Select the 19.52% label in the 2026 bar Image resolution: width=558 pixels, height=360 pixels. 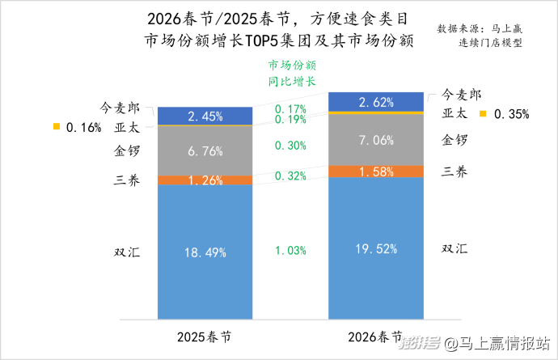(376, 249)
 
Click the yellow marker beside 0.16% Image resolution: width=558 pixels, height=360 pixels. (56, 126)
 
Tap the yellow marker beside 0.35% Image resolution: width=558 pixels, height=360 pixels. (483, 113)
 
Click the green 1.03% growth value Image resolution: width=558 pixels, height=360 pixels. (290, 251)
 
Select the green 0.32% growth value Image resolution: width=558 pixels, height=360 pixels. (290, 176)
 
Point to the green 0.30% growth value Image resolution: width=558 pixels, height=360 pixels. (290, 146)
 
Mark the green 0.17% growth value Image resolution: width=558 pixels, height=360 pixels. (290, 108)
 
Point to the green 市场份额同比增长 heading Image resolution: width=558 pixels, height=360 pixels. (291, 73)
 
